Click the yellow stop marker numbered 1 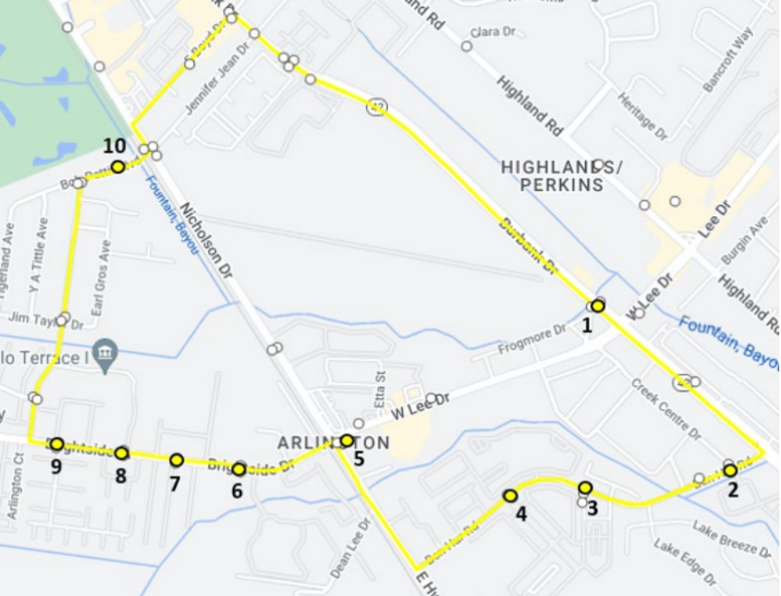click(x=598, y=305)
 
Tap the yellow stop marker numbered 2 click(x=731, y=470)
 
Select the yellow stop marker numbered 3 click(x=586, y=488)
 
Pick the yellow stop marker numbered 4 click(x=510, y=495)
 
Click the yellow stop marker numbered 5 click(x=347, y=441)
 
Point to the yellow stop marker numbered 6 click(x=239, y=469)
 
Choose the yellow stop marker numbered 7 click(x=176, y=460)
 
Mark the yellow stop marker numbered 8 click(x=121, y=453)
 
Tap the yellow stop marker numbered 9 click(x=57, y=444)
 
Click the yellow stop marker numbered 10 click(x=118, y=167)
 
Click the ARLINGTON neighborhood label click(x=333, y=443)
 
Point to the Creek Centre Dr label click(x=666, y=408)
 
